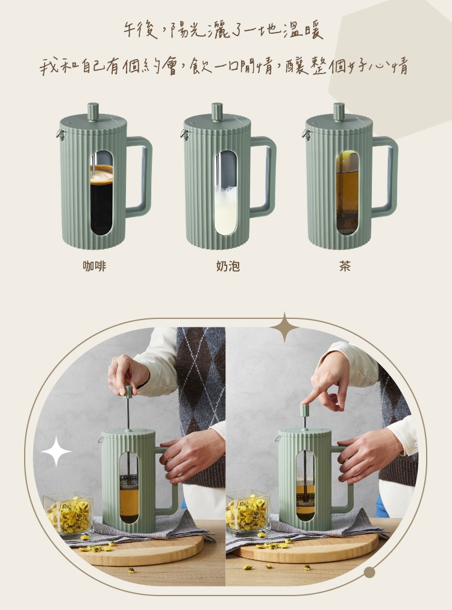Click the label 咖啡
coord(94,266)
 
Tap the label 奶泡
coord(228,266)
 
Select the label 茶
coord(345,266)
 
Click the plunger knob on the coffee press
coord(93,112)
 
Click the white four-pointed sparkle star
coord(57,451)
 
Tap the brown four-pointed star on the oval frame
coord(284,327)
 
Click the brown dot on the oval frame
coord(369,572)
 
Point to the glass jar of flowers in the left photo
coord(69,514)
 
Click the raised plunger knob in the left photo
coord(128,391)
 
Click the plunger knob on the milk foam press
coord(217,112)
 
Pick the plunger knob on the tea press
coord(339,112)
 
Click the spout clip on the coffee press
coord(60,134)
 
